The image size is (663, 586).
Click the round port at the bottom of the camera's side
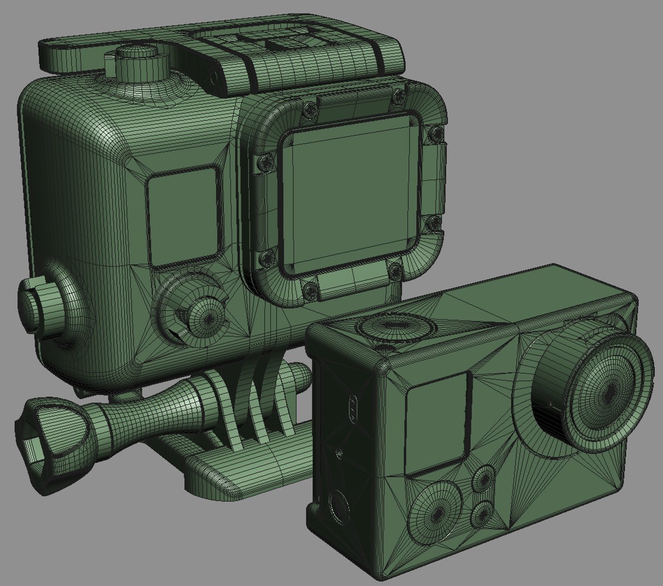pyautogui.click(x=337, y=508)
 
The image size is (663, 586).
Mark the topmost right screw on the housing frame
pyautogui.click(x=399, y=97)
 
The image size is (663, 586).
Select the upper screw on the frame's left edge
pyautogui.click(x=266, y=161)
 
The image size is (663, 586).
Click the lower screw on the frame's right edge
pyautogui.click(x=435, y=223)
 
